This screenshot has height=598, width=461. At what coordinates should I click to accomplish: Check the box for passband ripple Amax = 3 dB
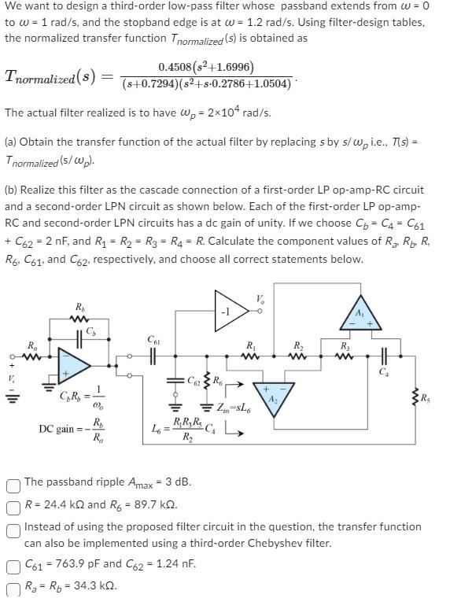tap(13, 482)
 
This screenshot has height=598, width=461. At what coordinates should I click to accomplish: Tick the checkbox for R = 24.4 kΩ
tap(13, 504)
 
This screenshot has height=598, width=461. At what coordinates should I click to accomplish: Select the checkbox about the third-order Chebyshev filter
tap(13, 526)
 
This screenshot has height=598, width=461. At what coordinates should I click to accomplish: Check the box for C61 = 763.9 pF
tap(13, 563)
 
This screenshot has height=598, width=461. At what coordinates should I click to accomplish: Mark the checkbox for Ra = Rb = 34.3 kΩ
tap(13, 585)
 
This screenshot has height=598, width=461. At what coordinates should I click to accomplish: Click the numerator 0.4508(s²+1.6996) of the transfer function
tap(206, 68)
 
